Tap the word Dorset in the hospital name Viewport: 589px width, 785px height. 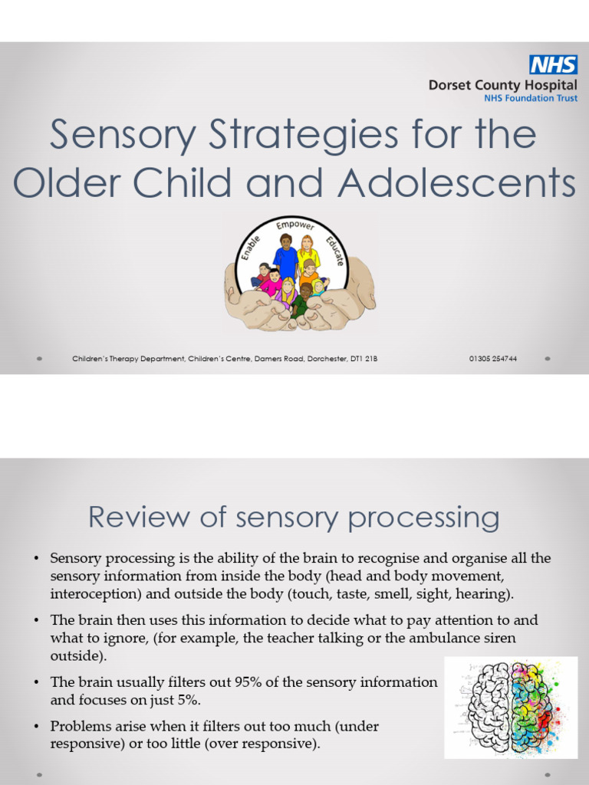449,85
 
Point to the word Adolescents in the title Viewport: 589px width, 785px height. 458,183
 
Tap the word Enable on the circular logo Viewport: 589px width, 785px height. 252,249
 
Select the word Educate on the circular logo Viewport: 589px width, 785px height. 335,251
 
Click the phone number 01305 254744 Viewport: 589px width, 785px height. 492,358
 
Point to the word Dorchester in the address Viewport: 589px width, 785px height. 306,358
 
